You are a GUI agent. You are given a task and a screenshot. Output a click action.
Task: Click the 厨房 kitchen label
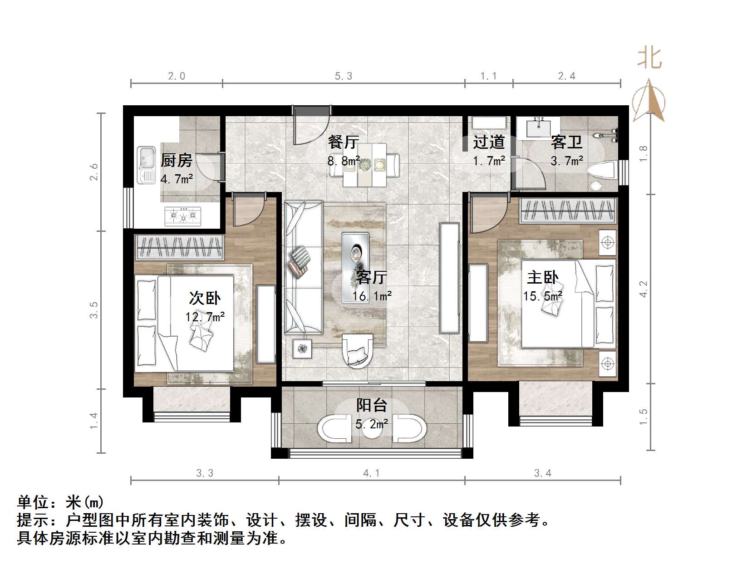pos(176,160)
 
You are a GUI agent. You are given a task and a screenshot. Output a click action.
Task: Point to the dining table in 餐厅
pos(364,165)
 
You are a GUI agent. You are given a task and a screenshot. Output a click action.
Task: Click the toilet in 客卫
pos(600,174)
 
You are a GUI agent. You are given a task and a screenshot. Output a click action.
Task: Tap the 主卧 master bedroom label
pos(542,277)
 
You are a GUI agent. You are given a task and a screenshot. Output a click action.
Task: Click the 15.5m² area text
pos(542,296)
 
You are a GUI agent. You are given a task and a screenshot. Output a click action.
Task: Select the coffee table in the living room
pos(355,267)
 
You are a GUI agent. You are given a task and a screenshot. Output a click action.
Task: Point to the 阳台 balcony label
pos(372,405)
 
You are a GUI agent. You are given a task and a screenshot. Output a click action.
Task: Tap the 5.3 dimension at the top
pos(343,76)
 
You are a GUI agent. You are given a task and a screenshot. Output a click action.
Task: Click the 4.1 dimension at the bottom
pos(371,473)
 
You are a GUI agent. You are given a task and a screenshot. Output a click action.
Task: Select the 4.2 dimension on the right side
pos(643,289)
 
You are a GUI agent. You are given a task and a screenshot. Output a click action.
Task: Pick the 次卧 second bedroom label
pos(205,298)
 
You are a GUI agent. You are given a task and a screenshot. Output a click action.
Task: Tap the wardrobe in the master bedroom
pos(568,211)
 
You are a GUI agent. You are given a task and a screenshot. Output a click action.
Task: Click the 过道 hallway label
pos(489,142)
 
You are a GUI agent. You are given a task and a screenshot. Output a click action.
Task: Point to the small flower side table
pos(302,348)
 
